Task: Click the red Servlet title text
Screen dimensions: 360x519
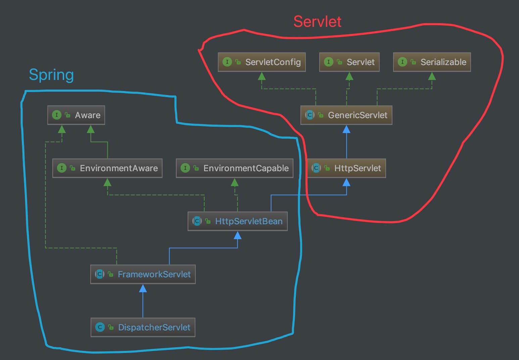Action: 317,22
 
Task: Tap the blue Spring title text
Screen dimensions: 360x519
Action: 51,75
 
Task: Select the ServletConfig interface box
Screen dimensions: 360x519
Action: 262,62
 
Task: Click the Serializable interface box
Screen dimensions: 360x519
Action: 432,62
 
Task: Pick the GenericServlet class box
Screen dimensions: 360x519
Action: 346,115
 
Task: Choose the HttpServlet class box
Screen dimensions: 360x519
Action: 346,168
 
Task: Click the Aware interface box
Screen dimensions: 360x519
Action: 76,115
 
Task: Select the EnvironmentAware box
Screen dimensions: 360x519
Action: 107,168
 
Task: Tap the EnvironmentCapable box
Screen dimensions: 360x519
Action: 235,168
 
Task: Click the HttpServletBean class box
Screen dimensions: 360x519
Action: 237,221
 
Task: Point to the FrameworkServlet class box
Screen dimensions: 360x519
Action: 143,274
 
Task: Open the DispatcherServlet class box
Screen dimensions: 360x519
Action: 143,327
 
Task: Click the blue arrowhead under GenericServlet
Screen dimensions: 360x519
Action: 346,129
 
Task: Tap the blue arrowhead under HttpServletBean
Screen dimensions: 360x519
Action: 237,235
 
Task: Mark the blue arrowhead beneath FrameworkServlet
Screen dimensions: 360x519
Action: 143,288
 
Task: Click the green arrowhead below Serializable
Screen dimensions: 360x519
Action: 432,76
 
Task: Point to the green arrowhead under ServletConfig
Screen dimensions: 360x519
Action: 262,76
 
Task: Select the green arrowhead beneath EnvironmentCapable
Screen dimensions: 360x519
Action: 235,182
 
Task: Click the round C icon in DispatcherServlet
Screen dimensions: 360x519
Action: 100,327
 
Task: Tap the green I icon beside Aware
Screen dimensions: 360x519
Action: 56,115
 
